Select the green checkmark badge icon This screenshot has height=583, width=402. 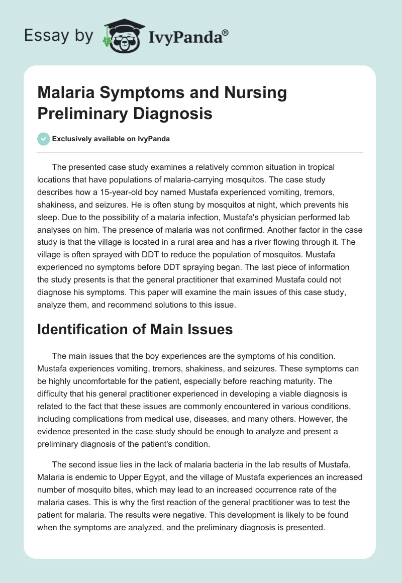[43, 139]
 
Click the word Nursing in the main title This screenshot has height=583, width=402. [256, 93]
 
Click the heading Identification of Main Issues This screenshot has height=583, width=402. [135, 329]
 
